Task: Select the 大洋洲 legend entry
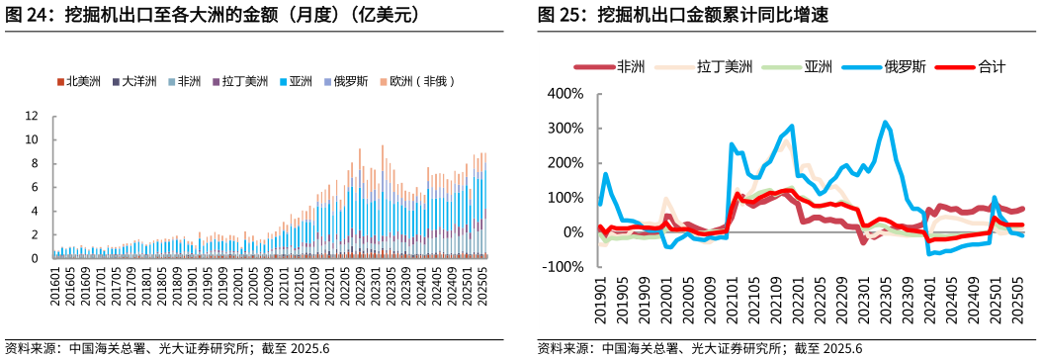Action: click(135, 81)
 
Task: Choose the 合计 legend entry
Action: click(991, 67)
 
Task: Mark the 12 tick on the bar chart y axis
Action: click(31, 116)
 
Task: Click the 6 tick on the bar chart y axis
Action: click(34, 187)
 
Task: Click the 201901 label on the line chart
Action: click(599, 299)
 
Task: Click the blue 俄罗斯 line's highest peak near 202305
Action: click(885, 123)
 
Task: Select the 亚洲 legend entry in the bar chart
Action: click(300, 81)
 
